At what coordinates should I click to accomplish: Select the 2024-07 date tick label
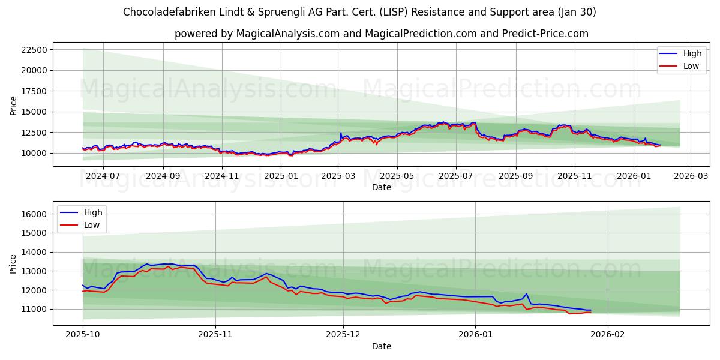[103, 176]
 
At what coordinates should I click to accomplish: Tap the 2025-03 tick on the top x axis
[338, 176]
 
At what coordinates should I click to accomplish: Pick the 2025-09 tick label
[515, 176]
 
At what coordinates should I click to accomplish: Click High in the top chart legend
[692, 53]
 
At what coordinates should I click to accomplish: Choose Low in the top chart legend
[691, 66]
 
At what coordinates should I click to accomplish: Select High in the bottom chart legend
[92, 212]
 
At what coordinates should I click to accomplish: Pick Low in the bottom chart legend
[91, 225]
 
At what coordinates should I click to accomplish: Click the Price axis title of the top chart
[14, 106]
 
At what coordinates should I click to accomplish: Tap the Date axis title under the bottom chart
[381, 346]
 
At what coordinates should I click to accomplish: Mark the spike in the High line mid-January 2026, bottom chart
[526, 294]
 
